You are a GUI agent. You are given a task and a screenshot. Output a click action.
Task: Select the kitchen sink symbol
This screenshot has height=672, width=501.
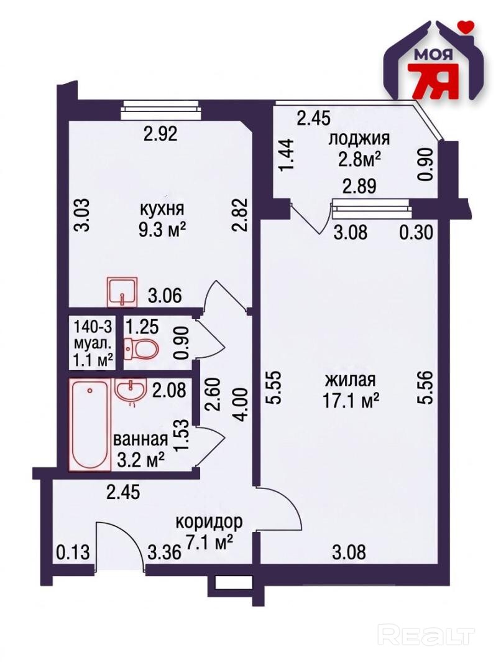coord(122,292)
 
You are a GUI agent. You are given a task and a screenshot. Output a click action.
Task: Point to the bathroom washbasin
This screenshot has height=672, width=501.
coord(131,391)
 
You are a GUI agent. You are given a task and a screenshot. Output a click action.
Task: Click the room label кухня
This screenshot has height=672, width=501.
coord(162,209)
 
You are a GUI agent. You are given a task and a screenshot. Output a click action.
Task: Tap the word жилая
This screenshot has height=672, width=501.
coord(351,380)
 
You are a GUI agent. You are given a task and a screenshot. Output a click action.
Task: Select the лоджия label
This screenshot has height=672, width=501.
coord(359,139)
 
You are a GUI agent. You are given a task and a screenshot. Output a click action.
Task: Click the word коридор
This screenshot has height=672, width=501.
coord(209,522)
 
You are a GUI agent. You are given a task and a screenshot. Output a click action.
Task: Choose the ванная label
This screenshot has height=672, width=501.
coord(140,439)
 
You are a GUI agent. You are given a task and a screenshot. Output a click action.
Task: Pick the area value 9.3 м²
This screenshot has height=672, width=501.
coord(162,231)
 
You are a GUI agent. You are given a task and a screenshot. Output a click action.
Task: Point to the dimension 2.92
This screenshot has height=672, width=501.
coord(160,134)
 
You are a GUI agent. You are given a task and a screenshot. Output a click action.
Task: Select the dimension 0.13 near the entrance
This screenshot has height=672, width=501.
coord(73,553)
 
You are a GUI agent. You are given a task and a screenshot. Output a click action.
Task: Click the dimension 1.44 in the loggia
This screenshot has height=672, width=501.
coord(287,155)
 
